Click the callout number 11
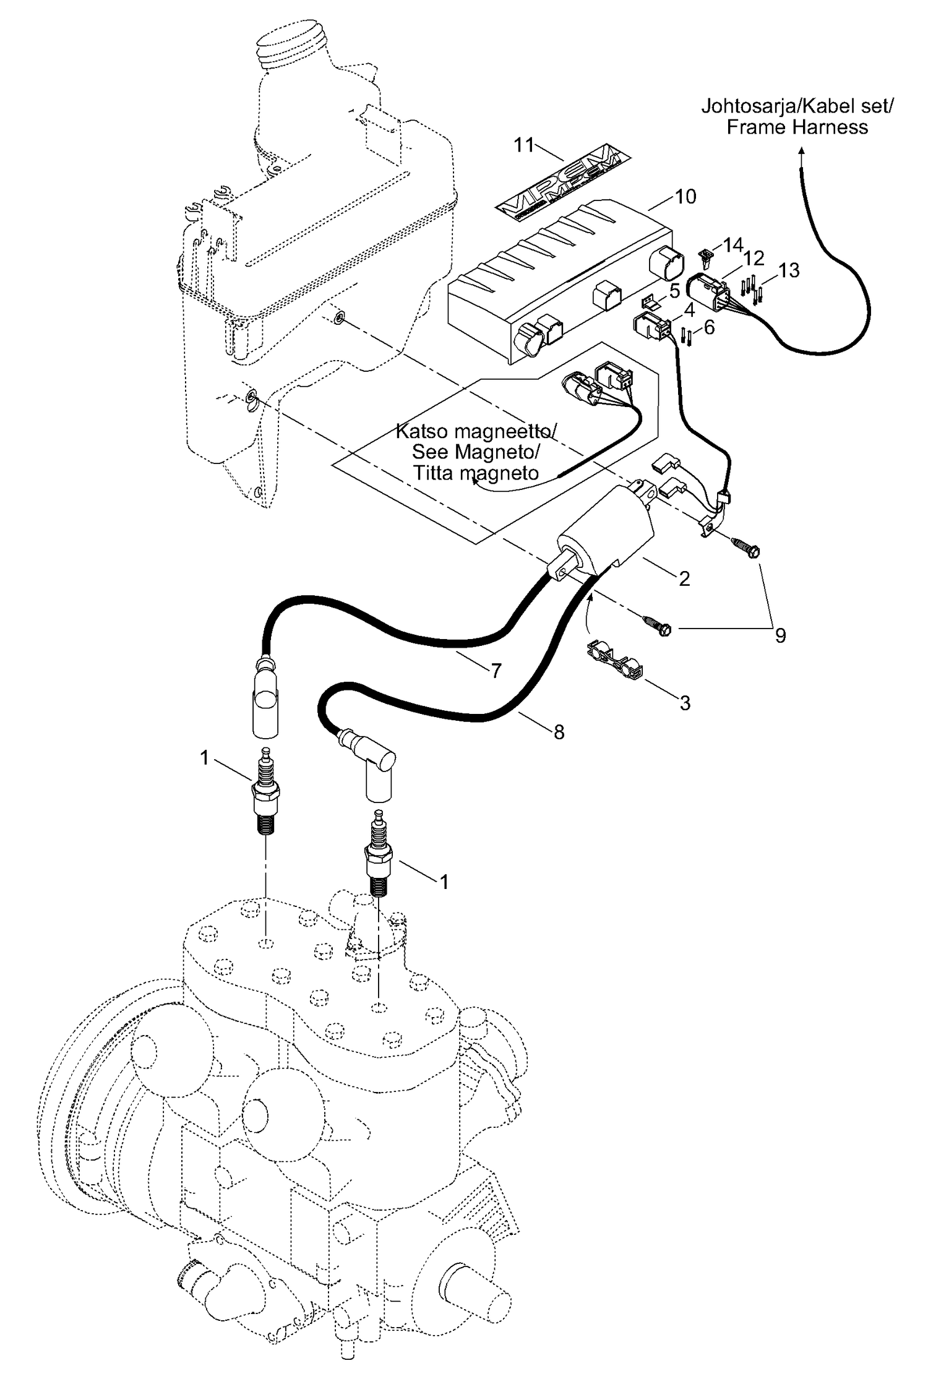point(523,145)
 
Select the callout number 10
point(685,197)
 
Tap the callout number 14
point(733,246)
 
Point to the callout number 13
point(789,270)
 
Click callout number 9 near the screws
point(780,635)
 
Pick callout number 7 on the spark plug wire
point(496,671)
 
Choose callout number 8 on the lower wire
point(559,732)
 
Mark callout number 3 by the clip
point(685,703)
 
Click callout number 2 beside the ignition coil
point(684,578)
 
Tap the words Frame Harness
point(797,127)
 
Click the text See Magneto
point(475,452)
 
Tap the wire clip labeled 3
point(612,659)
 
